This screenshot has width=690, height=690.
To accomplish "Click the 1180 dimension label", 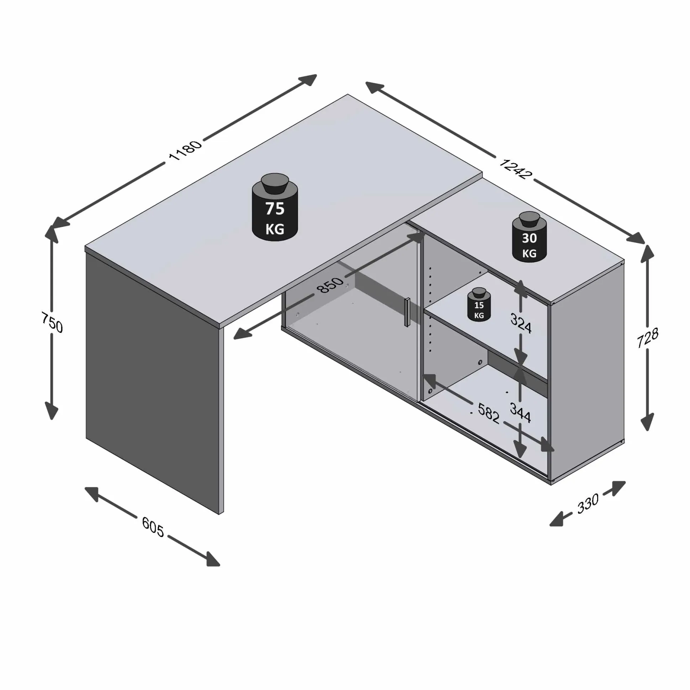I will tap(185, 151).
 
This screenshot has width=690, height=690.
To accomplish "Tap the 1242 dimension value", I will tap(515, 169).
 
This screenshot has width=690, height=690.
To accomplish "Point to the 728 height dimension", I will tap(648, 338).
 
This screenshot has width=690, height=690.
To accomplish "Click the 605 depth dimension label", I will tap(153, 527).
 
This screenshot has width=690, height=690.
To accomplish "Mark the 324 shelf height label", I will tap(521, 323).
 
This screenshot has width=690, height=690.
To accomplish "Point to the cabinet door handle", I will tap(407, 312).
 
